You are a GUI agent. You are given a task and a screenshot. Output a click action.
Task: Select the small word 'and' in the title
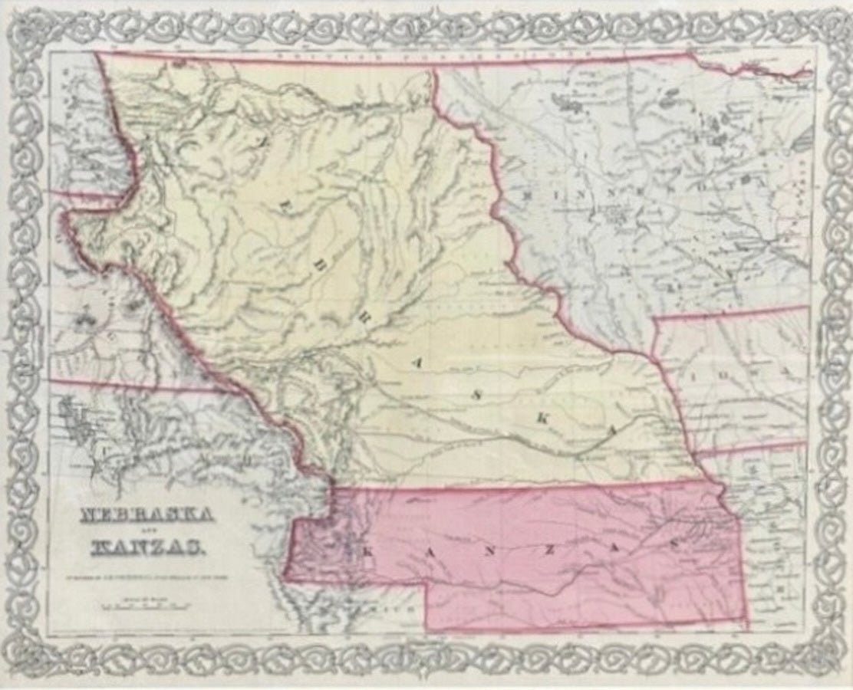(x=147, y=531)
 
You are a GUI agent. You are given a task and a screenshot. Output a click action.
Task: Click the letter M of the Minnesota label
(x=527, y=195)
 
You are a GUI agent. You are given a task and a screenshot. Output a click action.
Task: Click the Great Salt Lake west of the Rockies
(x=76, y=418)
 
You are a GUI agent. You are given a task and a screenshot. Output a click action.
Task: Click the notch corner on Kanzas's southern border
(x=426, y=584)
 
